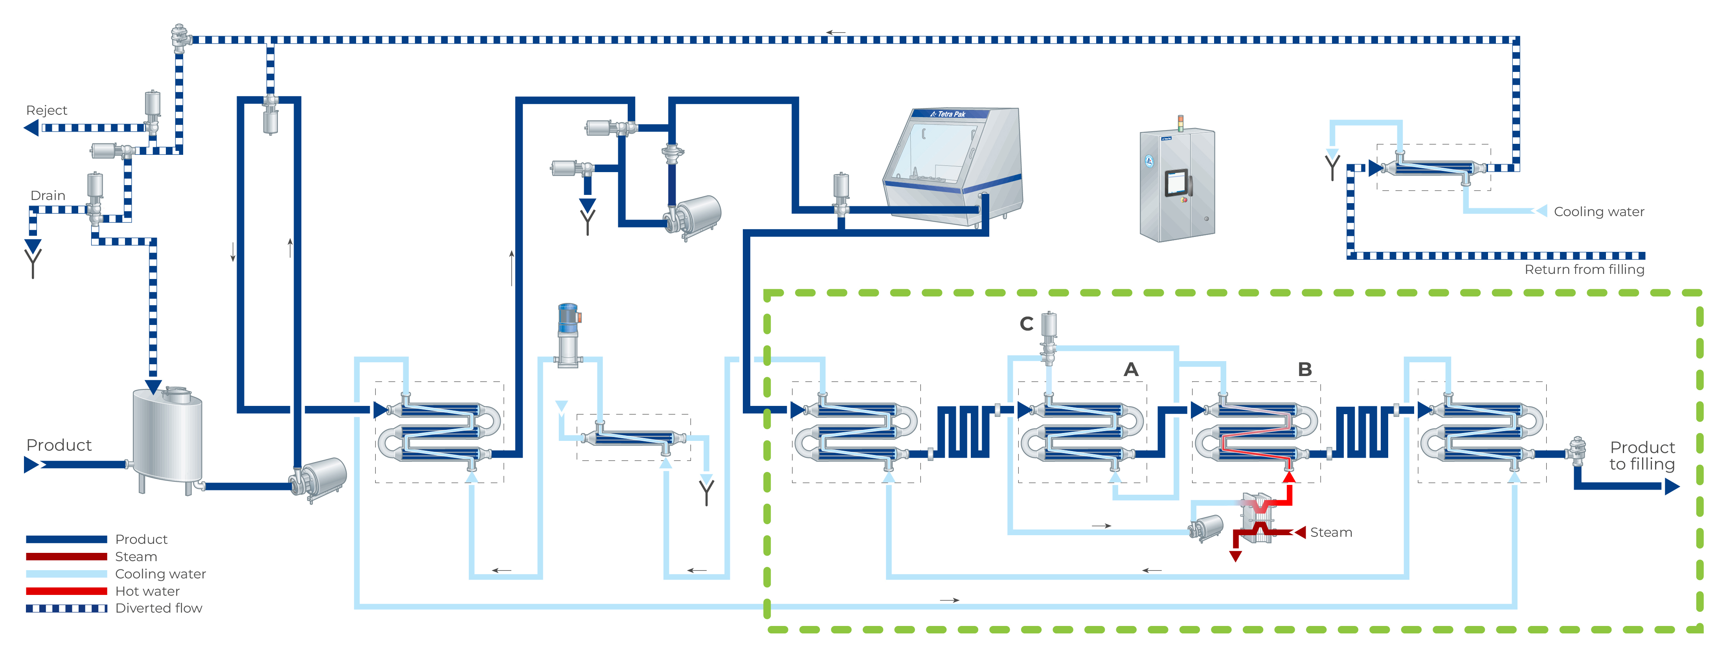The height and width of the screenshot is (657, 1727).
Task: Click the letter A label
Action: [x=1131, y=369]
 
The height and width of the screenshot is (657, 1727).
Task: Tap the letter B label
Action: [x=1304, y=369]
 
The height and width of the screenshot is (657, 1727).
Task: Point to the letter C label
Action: [x=1026, y=324]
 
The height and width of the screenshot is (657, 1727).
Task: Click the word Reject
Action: [x=46, y=110]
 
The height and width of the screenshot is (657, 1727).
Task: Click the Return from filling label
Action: [x=1584, y=270]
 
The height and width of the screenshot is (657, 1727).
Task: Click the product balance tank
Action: [x=167, y=436]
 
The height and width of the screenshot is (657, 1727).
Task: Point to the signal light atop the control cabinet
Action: [x=1181, y=123]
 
